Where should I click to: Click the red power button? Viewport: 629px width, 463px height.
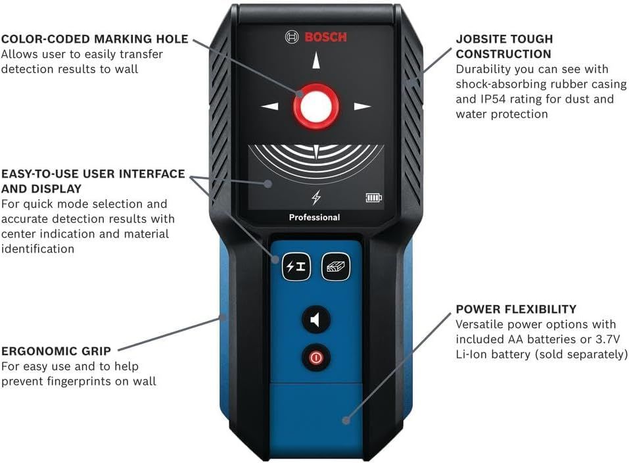tap(316, 358)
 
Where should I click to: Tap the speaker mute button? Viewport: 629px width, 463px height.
tap(316, 320)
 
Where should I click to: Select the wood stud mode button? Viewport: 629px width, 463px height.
tap(335, 267)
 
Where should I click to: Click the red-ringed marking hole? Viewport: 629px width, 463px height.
tap(316, 106)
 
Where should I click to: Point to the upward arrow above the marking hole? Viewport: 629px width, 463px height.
tap(316, 60)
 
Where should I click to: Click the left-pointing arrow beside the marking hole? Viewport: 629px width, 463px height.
tap(270, 106)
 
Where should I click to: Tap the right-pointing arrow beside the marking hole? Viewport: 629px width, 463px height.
tap(362, 106)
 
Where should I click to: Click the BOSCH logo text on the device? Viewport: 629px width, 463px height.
tap(325, 37)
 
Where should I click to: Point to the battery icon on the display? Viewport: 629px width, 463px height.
tap(373, 197)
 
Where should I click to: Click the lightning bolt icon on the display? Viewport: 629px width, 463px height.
tap(315, 197)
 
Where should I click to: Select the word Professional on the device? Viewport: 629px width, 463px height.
tap(314, 217)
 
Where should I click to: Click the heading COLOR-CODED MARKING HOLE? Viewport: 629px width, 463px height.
tap(95, 39)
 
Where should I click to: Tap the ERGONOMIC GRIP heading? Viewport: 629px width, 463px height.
tap(56, 351)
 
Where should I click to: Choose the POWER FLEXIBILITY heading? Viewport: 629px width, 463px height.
tap(516, 309)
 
